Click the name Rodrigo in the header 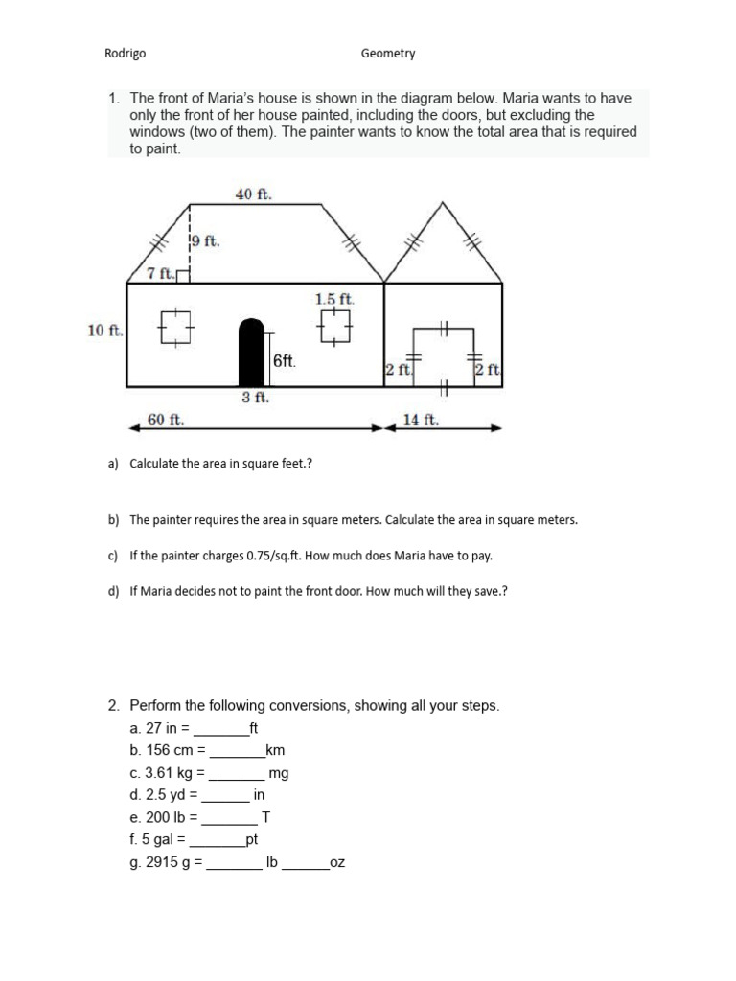125,54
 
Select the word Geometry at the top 388,54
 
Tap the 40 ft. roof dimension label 254,194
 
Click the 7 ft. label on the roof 160,274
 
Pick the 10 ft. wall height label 104,331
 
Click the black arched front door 250,353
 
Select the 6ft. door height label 285,361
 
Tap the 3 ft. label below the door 254,398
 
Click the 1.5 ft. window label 334,299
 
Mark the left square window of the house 176,328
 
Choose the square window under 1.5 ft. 334,328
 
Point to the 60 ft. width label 166,419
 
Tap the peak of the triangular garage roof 442,203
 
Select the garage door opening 443,356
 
